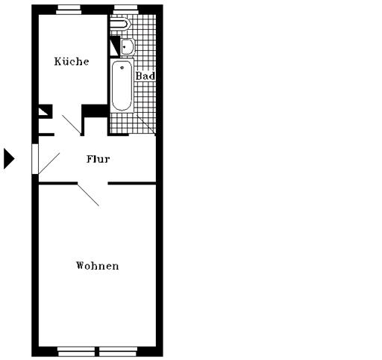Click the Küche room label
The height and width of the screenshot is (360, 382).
72,61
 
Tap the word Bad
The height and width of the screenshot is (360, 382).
145,75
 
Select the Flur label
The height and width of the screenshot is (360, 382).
98,159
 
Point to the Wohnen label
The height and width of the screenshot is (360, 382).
97,266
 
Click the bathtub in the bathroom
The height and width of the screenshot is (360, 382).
122,85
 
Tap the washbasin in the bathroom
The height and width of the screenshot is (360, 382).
128,46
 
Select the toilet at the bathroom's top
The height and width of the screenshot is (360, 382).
121,24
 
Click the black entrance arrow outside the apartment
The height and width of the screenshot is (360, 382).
9,158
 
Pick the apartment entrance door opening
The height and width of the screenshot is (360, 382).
35,159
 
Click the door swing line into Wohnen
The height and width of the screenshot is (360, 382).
89,195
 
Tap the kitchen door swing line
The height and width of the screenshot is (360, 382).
72,125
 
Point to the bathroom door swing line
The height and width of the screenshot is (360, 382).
146,125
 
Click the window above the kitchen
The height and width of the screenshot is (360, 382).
69,10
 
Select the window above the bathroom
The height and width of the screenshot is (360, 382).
125,10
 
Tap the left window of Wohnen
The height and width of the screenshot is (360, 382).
76,352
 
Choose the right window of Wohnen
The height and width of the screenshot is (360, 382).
118,352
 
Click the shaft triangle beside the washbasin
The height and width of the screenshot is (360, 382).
115,47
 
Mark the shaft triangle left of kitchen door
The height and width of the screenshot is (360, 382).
44,111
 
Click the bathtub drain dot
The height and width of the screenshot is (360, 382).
122,67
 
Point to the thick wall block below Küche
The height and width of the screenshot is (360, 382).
95,111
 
